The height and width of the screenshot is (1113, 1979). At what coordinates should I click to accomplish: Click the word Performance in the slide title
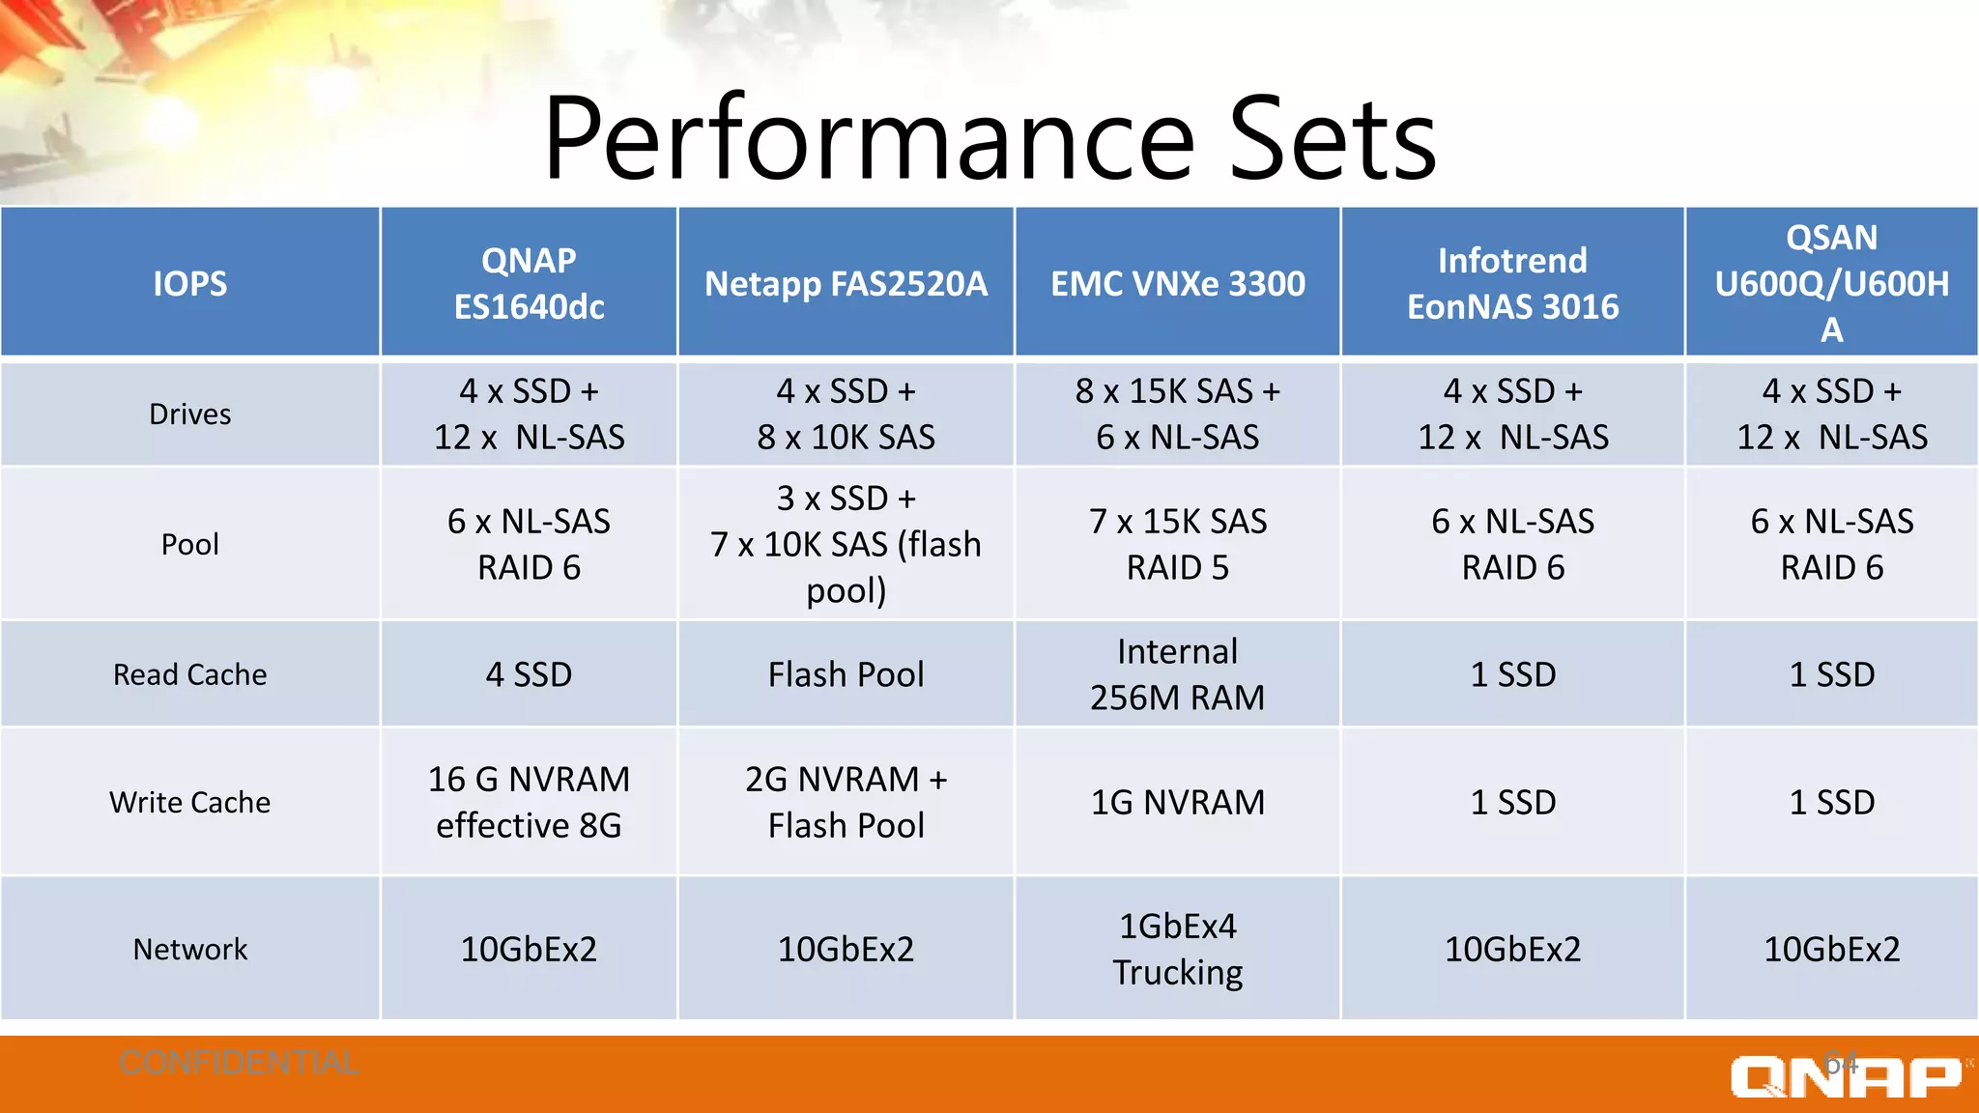point(870,140)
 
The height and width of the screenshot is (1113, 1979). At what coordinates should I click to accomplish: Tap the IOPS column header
point(190,283)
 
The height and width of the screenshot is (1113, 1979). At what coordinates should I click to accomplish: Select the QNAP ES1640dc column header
point(529,283)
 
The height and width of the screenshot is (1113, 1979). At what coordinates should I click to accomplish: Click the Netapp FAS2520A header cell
point(846,283)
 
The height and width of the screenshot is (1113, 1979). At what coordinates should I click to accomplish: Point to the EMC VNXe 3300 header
point(1177,283)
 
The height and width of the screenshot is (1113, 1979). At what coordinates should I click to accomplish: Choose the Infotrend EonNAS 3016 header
point(1512,283)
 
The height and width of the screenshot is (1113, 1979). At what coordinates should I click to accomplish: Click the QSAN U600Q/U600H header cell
point(1831,283)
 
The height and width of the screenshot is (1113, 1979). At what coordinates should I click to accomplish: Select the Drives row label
point(190,414)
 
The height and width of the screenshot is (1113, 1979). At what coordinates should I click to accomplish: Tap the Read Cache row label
point(190,674)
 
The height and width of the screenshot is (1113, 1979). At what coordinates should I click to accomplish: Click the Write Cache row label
point(190,802)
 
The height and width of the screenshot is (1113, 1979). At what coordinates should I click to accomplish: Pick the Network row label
point(190,949)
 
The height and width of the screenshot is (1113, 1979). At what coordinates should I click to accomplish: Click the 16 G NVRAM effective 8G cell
point(529,802)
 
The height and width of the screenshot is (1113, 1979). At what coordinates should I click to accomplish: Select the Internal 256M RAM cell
point(1177,674)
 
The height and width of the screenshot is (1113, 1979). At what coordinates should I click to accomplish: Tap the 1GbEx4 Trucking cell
point(1177,949)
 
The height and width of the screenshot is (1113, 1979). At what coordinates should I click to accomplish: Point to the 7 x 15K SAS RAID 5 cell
point(1177,544)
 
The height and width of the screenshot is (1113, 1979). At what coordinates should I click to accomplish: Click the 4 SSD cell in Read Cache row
point(529,674)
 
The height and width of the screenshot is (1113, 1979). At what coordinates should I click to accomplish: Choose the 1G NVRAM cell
point(1177,802)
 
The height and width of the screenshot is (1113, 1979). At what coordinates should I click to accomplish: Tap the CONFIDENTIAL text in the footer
point(239,1063)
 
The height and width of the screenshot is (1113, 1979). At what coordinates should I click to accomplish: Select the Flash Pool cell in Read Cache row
point(846,674)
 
